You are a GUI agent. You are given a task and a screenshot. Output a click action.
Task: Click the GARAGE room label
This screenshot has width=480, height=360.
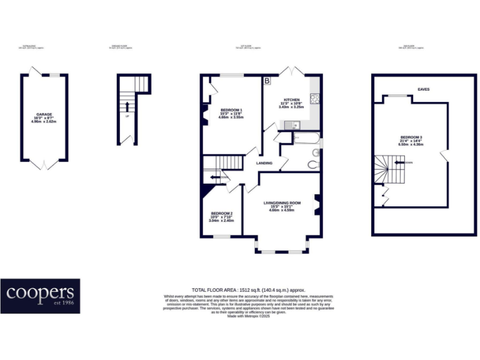[44, 114]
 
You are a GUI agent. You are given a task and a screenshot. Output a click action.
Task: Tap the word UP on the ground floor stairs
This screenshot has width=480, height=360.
[127, 116]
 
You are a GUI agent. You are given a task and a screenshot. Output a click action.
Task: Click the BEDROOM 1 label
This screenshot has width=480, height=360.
[231, 109]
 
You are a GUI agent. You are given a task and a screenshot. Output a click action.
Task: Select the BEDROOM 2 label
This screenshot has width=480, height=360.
[221, 212]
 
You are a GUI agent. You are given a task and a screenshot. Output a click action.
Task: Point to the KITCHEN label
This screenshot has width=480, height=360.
[292, 100]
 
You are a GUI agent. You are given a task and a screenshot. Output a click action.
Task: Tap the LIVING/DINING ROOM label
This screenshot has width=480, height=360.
[282, 202]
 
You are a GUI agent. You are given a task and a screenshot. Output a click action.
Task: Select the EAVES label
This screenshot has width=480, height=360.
[424, 89]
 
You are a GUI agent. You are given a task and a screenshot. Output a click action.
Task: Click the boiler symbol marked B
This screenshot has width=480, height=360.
[267, 81]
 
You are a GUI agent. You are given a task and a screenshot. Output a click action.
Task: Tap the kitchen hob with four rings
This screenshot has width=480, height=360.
[316, 99]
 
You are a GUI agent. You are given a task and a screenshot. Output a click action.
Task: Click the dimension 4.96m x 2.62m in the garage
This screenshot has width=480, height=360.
[44, 121]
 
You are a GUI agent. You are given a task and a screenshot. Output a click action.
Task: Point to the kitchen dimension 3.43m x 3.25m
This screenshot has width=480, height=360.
[292, 107]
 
